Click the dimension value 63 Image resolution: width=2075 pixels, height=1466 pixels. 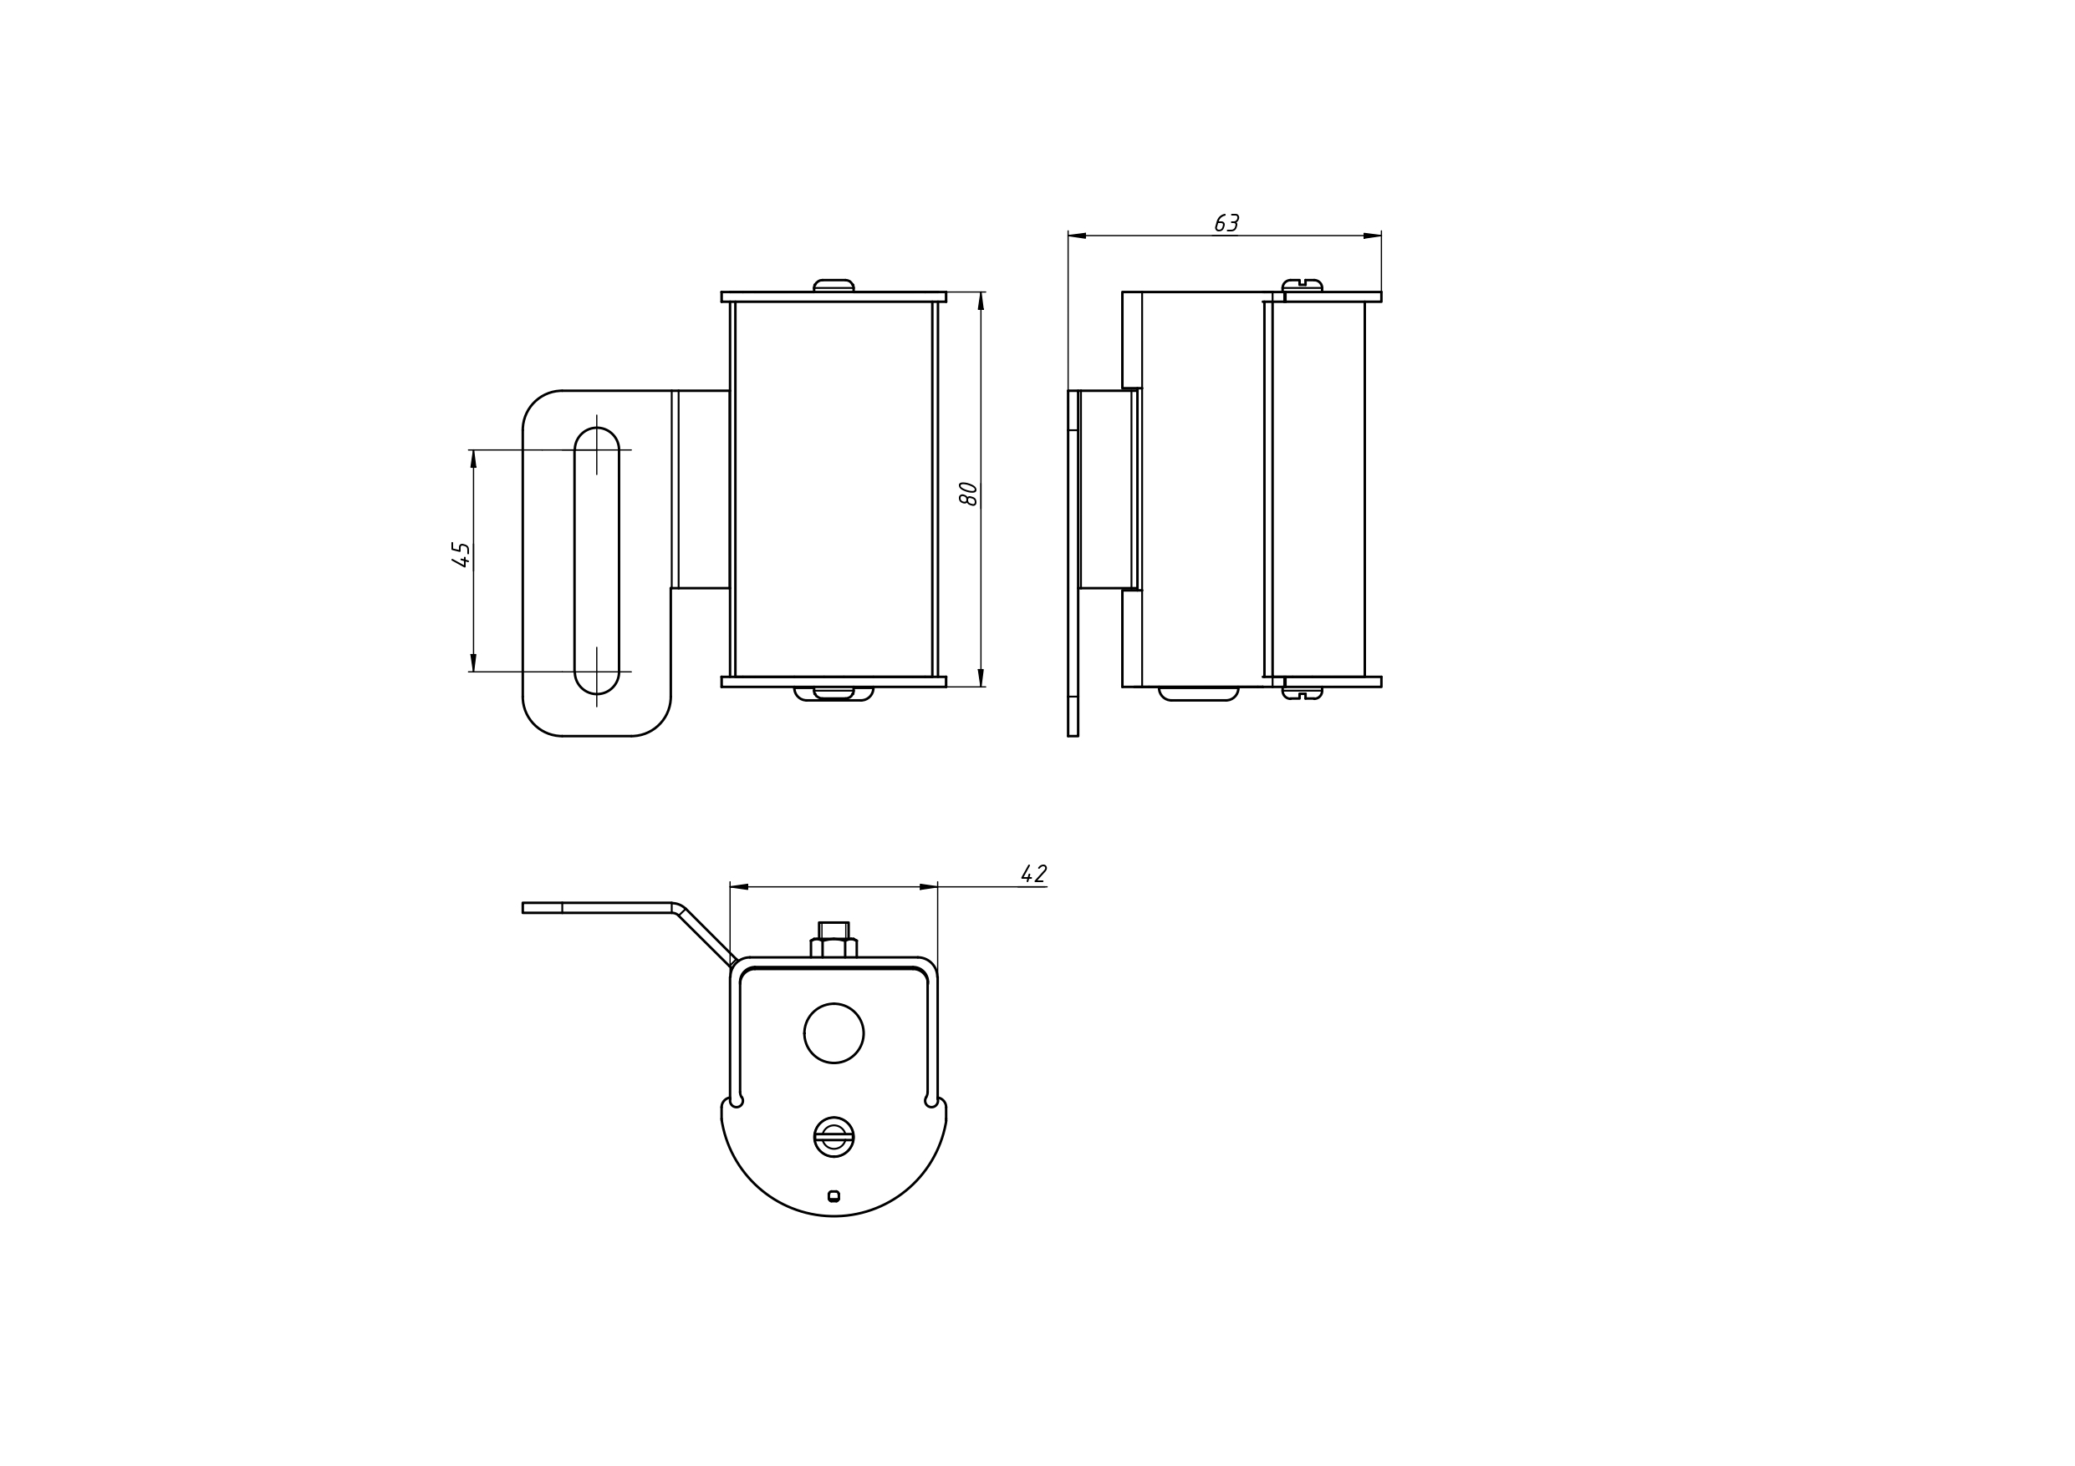coord(1226,223)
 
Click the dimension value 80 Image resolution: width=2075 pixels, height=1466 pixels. coord(968,493)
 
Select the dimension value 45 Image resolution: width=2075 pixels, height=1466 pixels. coord(461,555)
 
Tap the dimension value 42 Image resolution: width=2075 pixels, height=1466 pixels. coord(1034,874)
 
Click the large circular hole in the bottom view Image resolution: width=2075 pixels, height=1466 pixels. coord(834,1032)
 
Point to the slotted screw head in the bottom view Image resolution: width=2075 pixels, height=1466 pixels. coord(834,1136)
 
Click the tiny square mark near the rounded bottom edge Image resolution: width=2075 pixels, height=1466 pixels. coord(834,1196)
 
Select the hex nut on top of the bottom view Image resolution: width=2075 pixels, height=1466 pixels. coord(834,941)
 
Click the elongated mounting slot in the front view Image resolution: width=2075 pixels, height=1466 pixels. coord(596,560)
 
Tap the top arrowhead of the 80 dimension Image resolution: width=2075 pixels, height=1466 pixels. coord(981,301)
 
